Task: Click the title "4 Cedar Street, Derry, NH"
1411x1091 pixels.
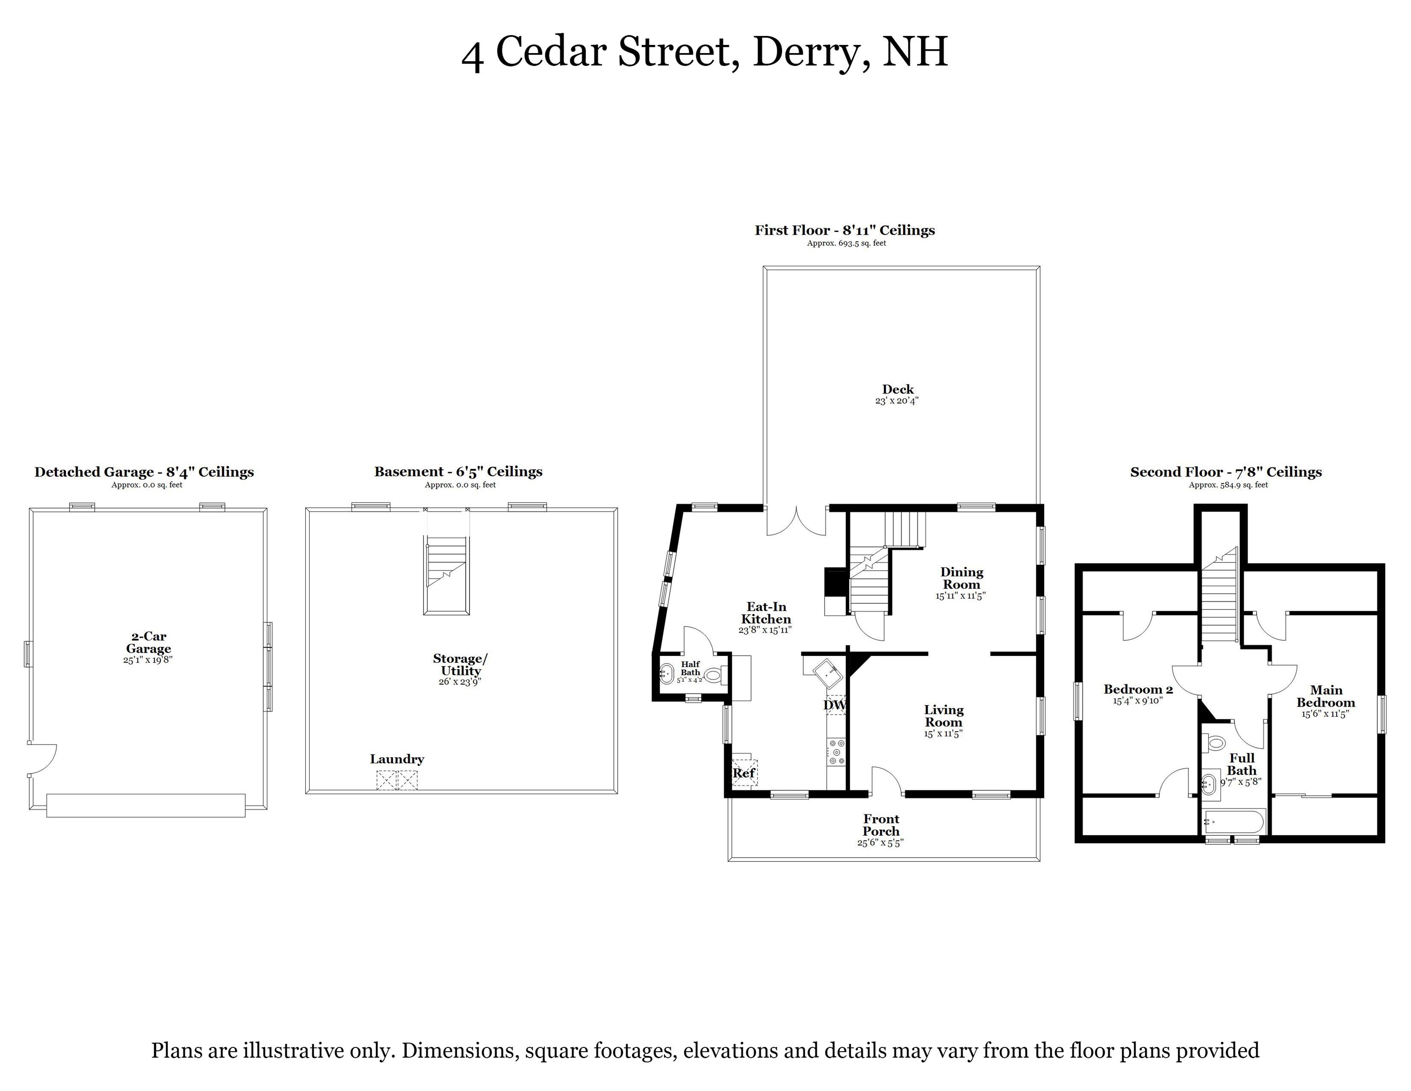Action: coord(704,52)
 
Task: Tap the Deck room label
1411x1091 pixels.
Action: coord(898,389)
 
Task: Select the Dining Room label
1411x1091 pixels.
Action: coord(962,578)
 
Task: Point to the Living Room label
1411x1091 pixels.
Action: coord(944,716)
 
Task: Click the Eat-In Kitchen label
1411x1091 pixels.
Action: coord(766,613)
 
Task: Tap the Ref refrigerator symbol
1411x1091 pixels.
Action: coord(744,772)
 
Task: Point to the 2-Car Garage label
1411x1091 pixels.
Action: coord(149,643)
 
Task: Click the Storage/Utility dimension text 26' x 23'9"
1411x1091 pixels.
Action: coord(461,681)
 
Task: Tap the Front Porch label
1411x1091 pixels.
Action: coord(881,825)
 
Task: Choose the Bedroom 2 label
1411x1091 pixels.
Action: coord(1138,689)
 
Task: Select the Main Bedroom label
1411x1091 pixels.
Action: coord(1326,696)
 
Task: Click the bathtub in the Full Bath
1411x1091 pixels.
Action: coord(1234,822)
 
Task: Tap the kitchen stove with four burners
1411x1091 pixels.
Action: coord(837,751)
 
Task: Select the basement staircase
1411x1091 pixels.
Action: coord(446,574)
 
